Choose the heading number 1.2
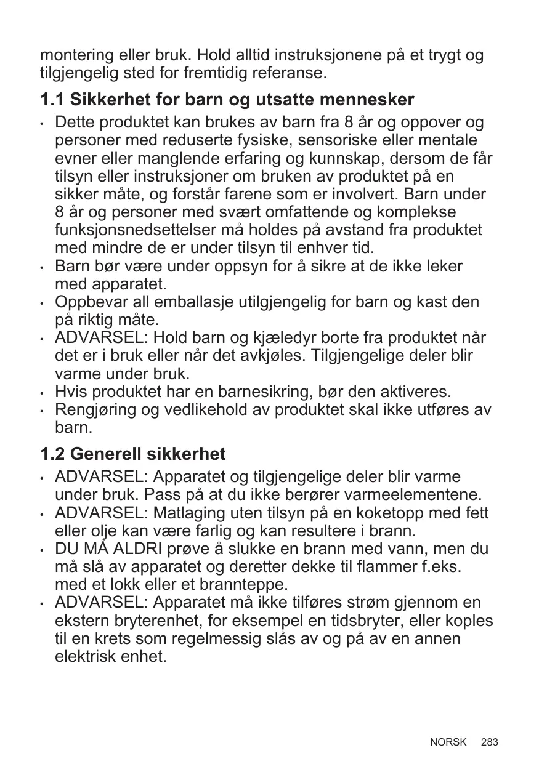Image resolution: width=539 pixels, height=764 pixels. pyautogui.click(x=52, y=455)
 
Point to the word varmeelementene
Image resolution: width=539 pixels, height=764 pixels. pyautogui.click(x=413, y=495)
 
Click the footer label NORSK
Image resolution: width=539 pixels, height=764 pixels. pyautogui.click(x=448, y=742)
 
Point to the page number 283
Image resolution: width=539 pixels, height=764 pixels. pyautogui.click(x=490, y=742)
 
